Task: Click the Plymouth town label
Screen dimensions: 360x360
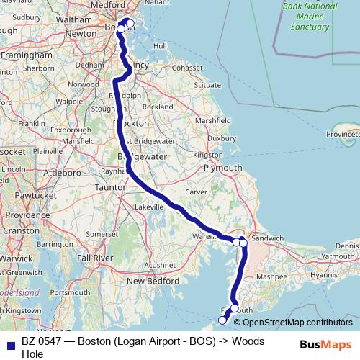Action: point(223,167)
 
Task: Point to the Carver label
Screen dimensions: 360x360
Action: point(196,192)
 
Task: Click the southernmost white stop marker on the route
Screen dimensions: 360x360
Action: point(222,320)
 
